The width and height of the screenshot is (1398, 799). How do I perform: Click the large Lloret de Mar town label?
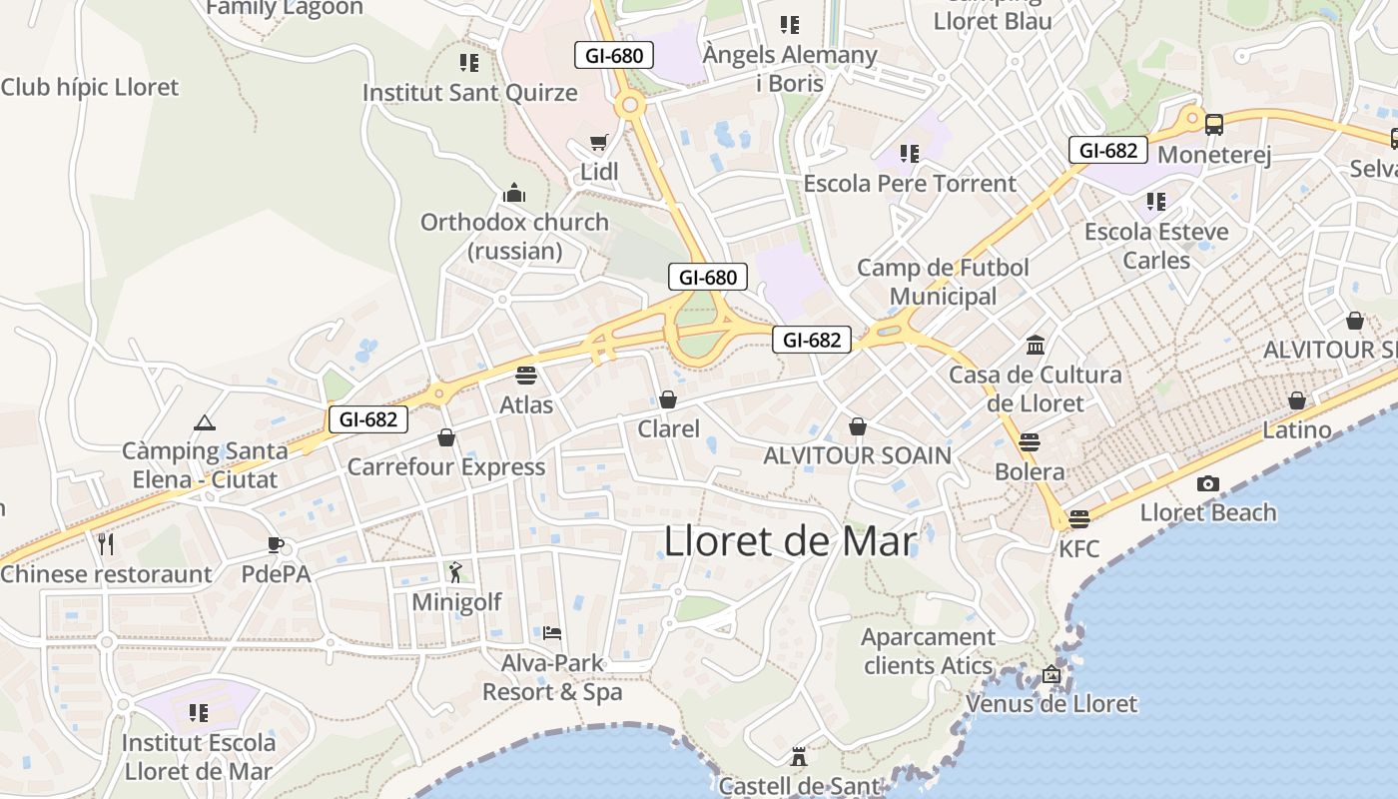[x=790, y=541]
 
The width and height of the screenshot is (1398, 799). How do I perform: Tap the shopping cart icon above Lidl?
[x=598, y=143]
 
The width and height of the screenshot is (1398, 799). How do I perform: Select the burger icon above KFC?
[x=1078, y=518]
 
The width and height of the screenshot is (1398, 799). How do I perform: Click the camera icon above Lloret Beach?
[x=1208, y=484]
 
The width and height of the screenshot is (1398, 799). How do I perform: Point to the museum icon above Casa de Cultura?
[x=1036, y=346]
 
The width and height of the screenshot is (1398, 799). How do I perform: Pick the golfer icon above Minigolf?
[x=456, y=572]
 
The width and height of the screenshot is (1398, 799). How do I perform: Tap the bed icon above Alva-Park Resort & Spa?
[x=552, y=633]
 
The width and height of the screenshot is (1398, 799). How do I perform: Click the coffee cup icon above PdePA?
[x=276, y=544]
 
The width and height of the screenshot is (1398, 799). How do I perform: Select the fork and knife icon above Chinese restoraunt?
[x=106, y=544]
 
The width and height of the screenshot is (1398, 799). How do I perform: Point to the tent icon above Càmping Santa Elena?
[x=205, y=422]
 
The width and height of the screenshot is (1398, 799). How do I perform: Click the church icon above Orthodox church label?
[x=514, y=193]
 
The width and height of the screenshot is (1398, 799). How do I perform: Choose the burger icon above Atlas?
[x=526, y=376]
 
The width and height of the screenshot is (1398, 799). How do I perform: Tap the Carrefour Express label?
[x=446, y=466]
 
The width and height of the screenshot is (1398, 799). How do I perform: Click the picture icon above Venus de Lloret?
[x=1050, y=674]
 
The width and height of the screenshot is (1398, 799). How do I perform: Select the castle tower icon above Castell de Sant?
[x=798, y=756]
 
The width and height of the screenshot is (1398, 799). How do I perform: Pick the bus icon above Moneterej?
[x=1214, y=125]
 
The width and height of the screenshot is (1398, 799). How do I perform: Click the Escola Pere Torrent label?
[x=910, y=184]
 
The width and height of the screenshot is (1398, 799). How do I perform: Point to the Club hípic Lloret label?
[x=90, y=87]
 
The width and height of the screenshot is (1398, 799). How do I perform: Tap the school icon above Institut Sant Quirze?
[x=469, y=63]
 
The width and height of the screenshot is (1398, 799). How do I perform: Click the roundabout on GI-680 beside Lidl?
[x=629, y=104]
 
